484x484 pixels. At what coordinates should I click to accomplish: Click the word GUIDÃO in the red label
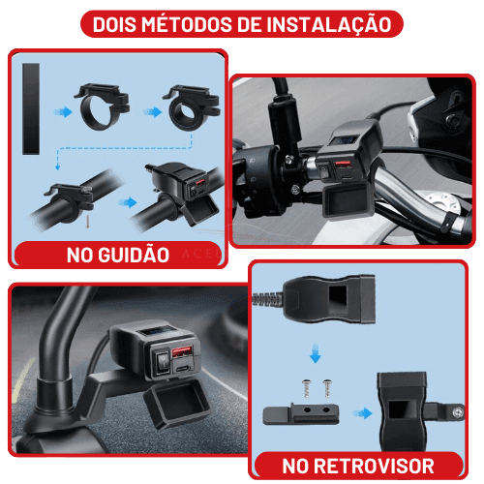(134, 255)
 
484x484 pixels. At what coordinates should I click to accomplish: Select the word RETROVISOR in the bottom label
(374, 467)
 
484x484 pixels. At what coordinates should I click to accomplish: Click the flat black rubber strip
(31, 109)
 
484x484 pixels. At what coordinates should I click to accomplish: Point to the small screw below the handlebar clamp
(87, 222)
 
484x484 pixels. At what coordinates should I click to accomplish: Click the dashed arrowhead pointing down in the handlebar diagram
(58, 167)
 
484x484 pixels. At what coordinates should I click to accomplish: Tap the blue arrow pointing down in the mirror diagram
(315, 354)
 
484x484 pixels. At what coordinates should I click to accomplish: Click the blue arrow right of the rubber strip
(63, 112)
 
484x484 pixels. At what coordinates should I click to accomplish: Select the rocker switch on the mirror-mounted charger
(163, 363)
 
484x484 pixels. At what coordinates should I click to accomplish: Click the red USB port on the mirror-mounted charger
(182, 352)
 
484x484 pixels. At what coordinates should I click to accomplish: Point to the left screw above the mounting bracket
(306, 388)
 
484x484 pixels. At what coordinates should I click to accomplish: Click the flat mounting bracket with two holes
(301, 415)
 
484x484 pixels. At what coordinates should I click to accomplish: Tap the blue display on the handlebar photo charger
(345, 140)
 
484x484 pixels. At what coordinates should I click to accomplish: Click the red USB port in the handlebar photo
(343, 166)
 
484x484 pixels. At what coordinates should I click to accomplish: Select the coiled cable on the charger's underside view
(268, 298)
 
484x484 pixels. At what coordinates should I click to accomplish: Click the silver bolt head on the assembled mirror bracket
(457, 412)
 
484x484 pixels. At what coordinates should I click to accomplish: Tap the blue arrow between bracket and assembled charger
(363, 413)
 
